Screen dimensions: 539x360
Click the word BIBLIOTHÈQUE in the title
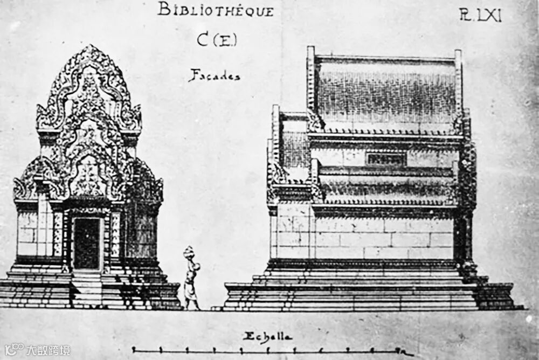216,10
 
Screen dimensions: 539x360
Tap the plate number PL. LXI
480,15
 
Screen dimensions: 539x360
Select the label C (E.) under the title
217,39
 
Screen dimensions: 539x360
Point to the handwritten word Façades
214,75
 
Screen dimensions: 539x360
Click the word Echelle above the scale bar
267,337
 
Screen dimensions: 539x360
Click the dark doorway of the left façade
86,243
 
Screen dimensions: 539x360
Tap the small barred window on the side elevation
385,159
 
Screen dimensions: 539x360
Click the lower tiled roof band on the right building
385,189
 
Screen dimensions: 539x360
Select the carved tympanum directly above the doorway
88,178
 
